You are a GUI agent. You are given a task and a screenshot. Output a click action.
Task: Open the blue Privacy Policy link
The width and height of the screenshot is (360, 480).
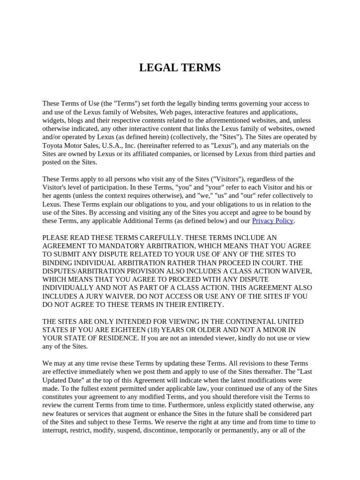[272, 221]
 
